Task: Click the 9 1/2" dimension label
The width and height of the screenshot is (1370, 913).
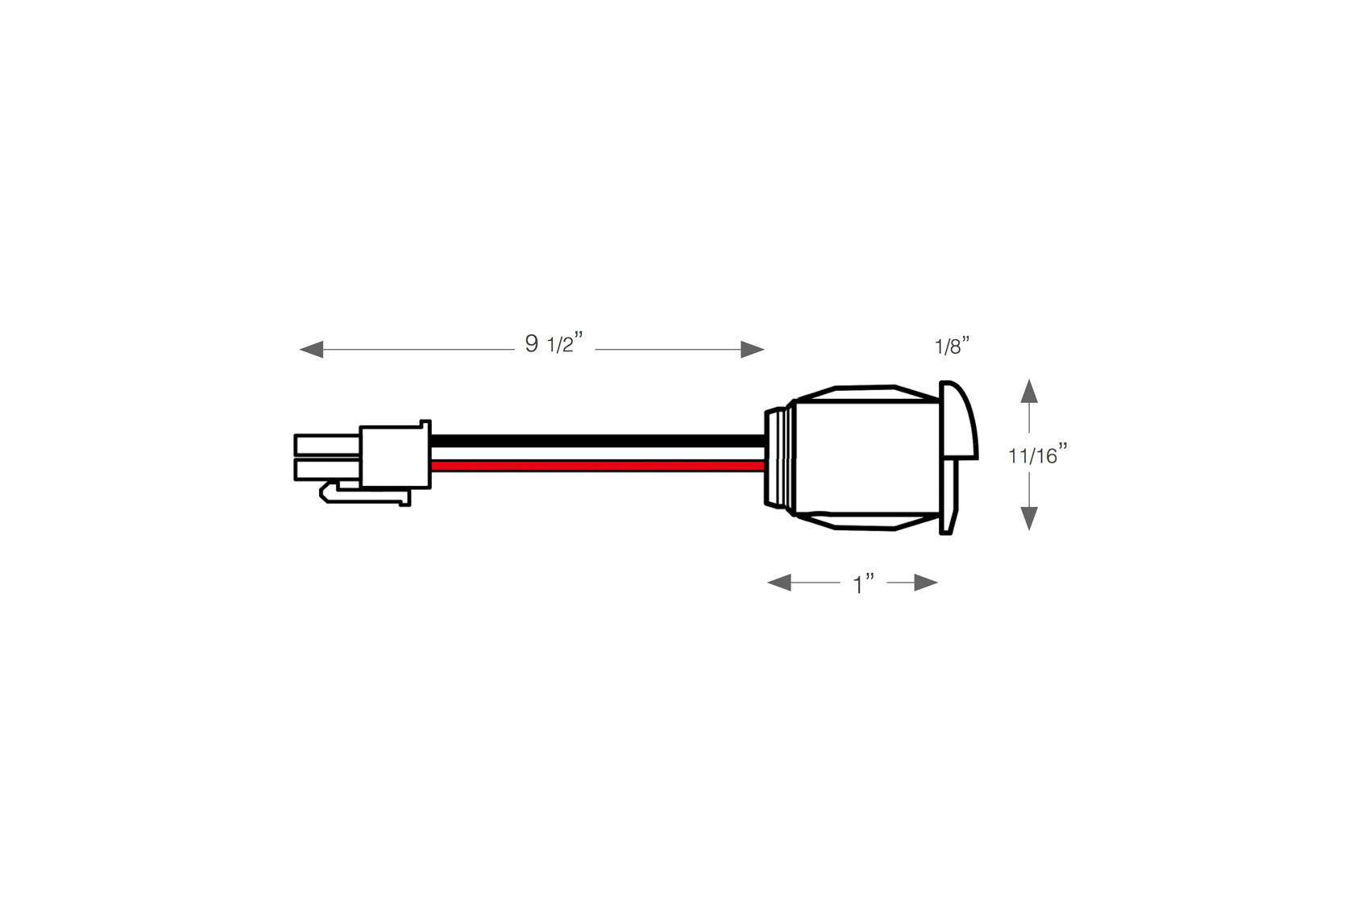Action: pyautogui.click(x=554, y=343)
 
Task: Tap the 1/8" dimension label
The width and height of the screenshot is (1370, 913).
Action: pyautogui.click(x=953, y=346)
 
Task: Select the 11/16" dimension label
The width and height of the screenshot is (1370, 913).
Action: pyautogui.click(x=1038, y=454)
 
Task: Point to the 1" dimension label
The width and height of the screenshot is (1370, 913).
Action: pyautogui.click(x=864, y=584)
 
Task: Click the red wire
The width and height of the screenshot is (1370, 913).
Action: pyautogui.click(x=597, y=466)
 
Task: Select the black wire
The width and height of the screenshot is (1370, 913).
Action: pyautogui.click(x=597, y=441)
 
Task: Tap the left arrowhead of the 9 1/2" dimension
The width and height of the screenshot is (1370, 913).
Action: pyautogui.click(x=311, y=350)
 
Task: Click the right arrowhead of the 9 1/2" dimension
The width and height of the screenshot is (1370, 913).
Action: pyautogui.click(x=753, y=350)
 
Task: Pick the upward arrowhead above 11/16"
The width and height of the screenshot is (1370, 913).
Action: pyautogui.click(x=1029, y=392)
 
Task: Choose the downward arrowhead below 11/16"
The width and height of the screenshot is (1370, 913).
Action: pyautogui.click(x=1029, y=519)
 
